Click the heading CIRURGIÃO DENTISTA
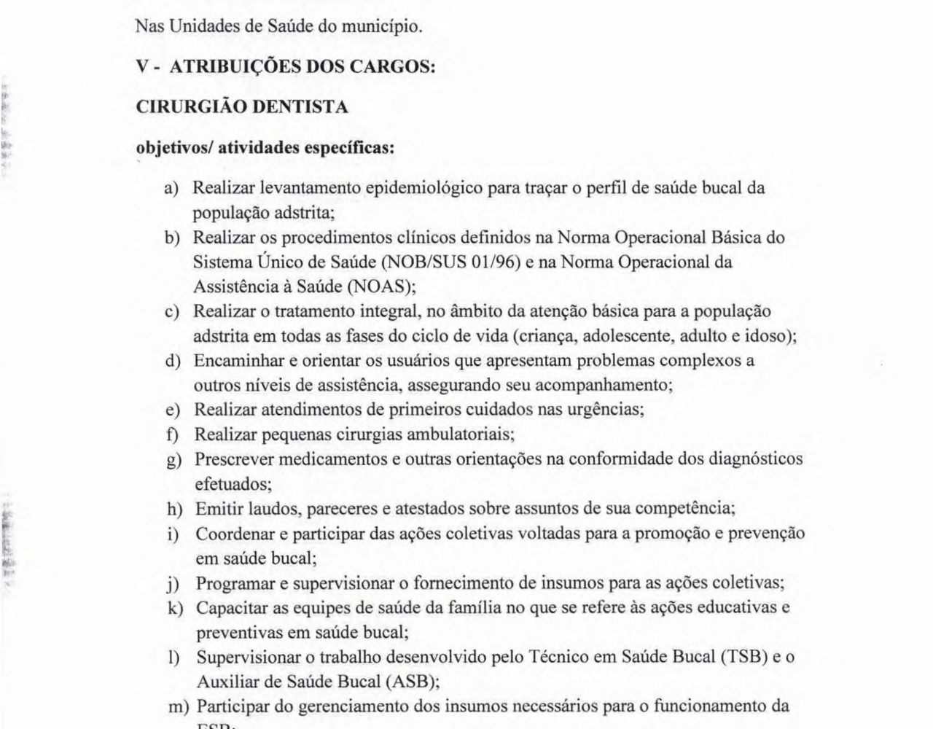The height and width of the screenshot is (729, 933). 242,107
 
